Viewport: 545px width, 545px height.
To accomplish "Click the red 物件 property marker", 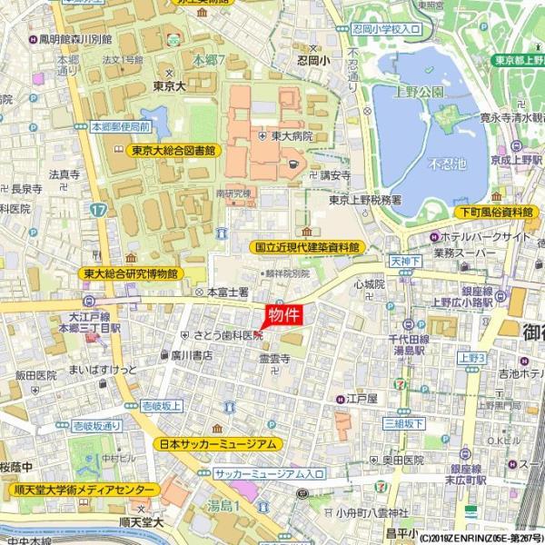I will coord(283,315).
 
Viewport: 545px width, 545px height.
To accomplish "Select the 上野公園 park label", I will coord(419,91).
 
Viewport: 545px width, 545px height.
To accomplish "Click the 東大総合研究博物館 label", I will coord(131,272).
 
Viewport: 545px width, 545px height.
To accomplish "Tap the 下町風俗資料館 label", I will coord(495,212).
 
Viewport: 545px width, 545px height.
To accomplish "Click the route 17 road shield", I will coord(98,208).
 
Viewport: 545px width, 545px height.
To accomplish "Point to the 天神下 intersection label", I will coord(407,261).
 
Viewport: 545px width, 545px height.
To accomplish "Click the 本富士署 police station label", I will coord(227,292).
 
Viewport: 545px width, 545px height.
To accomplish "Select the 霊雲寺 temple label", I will coord(274,360).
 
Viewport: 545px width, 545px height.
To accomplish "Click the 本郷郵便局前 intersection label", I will coord(119,128).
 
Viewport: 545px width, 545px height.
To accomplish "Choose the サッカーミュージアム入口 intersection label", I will coord(269,474).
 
